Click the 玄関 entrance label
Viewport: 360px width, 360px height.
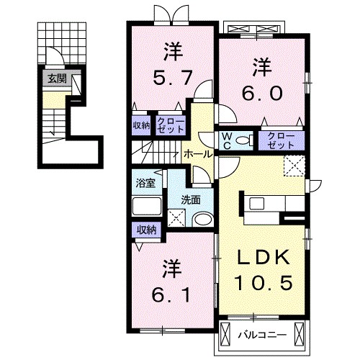click(x=57, y=78)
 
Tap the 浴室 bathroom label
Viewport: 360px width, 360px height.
click(x=145, y=183)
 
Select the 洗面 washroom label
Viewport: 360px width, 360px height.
click(x=191, y=200)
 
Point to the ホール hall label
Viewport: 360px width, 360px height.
click(x=198, y=154)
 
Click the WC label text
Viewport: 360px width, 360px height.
click(x=227, y=141)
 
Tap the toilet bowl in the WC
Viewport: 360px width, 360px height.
click(x=243, y=140)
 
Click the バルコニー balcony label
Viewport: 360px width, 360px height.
click(x=262, y=335)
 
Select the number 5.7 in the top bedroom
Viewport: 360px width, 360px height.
click(x=173, y=78)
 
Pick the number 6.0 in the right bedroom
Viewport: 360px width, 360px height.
click(x=262, y=93)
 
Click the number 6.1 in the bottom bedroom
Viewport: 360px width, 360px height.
click(x=171, y=295)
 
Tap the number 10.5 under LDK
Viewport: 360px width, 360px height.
click(x=264, y=282)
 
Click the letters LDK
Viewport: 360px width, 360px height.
click(x=263, y=257)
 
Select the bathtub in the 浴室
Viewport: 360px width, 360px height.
click(x=147, y=206)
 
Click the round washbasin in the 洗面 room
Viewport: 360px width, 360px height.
click(x=203, y=220)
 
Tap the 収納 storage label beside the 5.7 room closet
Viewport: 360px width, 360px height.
click(x=142, y=125)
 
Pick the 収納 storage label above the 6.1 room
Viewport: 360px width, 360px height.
click(x=146, y=230)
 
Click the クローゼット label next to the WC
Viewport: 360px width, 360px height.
click(x=281, y=140)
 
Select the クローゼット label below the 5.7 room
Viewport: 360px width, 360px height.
click(x=171, y=125)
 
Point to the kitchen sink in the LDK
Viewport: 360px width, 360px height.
click(x=257, y=204)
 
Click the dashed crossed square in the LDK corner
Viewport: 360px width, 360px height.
click(x=294, y=166)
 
